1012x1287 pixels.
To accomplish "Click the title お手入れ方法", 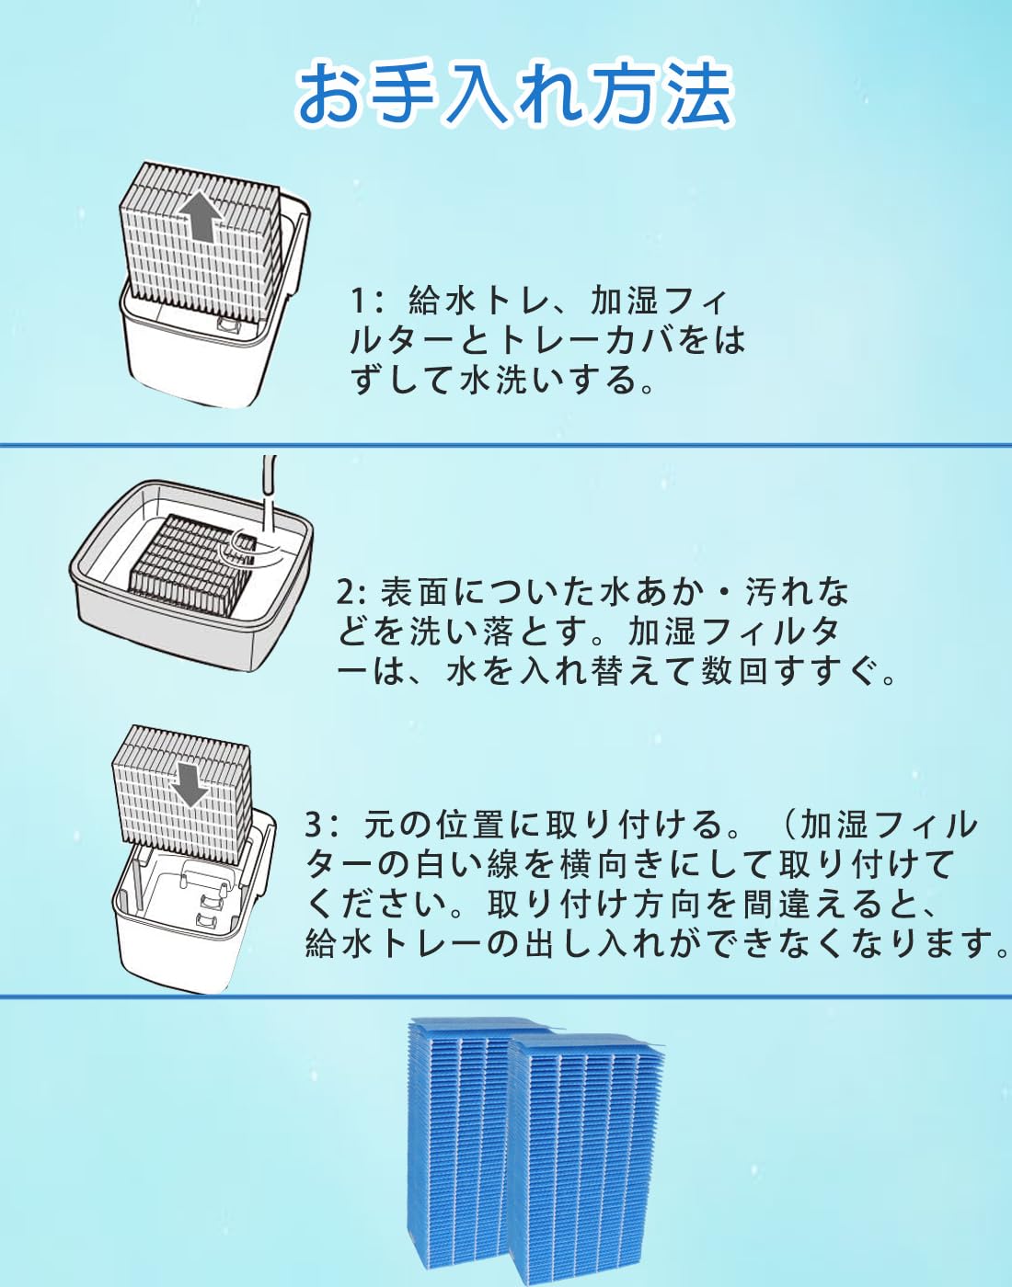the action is coord(513,95).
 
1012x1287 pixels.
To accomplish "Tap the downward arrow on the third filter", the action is coord(190,782).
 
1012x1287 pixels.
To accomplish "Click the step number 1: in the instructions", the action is coord(366,301).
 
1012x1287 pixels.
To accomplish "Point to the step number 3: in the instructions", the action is coord(322,825).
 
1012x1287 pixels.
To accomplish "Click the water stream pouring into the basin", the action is coord(268,496).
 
